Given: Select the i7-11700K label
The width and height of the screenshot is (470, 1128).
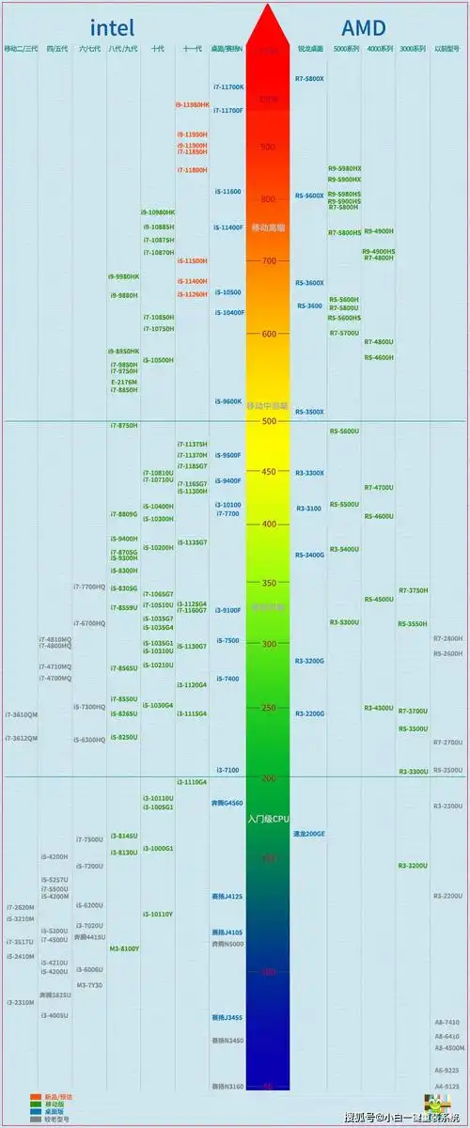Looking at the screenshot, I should coord(228,87).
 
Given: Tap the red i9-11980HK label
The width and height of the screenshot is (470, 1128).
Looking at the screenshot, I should coord(193,105).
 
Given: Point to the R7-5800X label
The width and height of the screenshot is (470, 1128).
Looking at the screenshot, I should coord(309,79).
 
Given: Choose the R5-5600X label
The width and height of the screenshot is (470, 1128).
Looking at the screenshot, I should coord(310,196).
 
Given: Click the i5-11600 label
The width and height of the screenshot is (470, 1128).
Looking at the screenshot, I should coord(227,192).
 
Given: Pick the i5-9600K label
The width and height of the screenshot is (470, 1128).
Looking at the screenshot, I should coord(227,401).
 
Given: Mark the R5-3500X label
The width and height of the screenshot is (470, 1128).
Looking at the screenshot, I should coord(310,412).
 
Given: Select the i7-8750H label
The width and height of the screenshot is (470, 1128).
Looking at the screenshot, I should coord(123,426).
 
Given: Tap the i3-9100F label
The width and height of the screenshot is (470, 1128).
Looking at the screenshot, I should coord(227,610).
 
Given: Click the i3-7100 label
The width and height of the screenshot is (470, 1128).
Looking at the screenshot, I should coord(227,770).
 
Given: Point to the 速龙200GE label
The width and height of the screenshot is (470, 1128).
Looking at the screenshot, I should coord(309,833).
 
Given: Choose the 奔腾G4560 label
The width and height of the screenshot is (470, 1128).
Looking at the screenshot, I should coord(227,803).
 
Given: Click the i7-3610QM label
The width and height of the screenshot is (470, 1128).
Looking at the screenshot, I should coord(22,714).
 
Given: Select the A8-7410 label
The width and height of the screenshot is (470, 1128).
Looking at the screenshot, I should coord(446,1022).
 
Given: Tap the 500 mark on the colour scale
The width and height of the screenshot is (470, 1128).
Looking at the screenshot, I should coord(269,421).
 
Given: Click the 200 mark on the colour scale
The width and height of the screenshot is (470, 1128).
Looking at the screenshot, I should coord(269,778).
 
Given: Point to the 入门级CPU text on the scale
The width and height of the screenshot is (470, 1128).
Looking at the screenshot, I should coord(268,820).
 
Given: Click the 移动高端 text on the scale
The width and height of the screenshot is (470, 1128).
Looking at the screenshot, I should coord(268,228).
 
